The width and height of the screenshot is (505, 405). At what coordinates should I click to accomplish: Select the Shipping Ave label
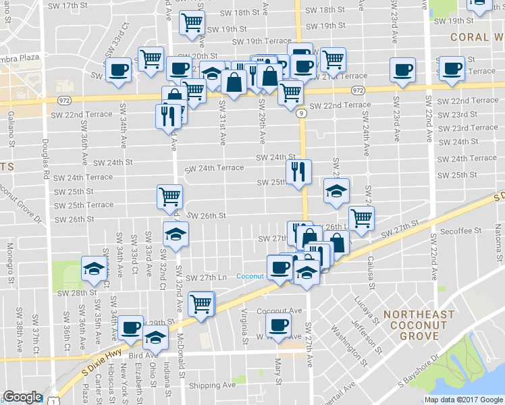pyautogui.click(x=212, y=385)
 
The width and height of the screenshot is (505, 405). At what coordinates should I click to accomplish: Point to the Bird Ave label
pyautogui.click(x=142, y=355)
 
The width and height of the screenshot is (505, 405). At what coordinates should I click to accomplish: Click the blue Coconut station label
pyautogui.click(x=250, y=276)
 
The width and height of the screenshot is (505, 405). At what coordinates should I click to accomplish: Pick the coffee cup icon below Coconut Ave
pyautogui.click(x=277, y=325)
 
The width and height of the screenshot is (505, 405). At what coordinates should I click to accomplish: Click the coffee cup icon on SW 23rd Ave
pyautogui.click(x=403, y=71)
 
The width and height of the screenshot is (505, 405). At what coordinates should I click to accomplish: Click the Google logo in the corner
pyautogui.click(x=22, y=398)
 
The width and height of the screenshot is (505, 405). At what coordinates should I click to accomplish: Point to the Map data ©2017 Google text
pyautogui.click(x=463, y=400)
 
